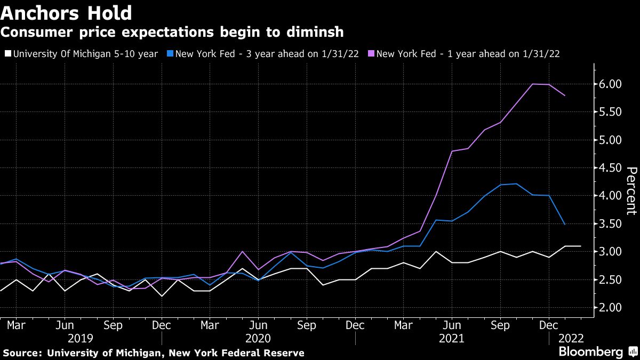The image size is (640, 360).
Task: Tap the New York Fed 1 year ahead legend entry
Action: point(467,53)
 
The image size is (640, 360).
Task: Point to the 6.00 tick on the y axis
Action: point(611,84)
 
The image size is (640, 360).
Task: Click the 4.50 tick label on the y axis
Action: point(611,168)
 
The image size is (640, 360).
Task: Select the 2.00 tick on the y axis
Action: point(611,308)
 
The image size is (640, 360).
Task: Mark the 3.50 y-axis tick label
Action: point(611,224)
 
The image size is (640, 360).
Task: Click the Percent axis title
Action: point(631,190)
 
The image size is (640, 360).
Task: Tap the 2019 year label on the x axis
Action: point(81,338)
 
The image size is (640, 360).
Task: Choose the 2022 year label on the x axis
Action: point(571,338)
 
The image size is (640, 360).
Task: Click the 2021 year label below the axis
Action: point(451,338)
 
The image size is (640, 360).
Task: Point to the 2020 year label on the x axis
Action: point(258,338)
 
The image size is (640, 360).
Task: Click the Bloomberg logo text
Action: point(590,352)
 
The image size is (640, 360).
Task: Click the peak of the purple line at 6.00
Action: point(532,84)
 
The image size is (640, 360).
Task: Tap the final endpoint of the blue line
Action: point(565,225)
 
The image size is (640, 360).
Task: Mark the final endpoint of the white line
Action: point(580,246)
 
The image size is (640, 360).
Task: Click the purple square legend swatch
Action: point(372,53)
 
